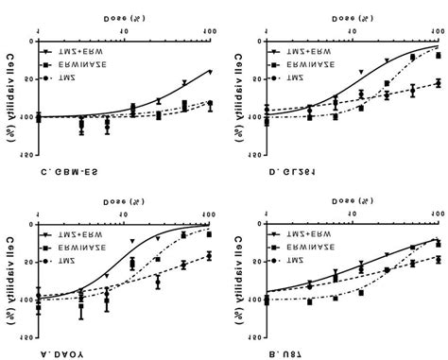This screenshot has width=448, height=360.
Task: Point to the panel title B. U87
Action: pyautogui.click(x=284, y=351)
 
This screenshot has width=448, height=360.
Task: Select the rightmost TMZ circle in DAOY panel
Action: pyautogui.click(x=209, y=255)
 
